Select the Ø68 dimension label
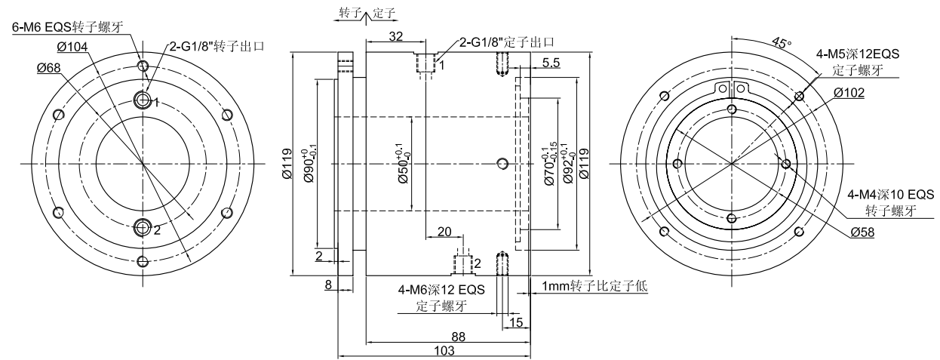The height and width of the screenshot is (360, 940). [51, 68]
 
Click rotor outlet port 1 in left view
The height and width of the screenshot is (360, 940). [143, 99]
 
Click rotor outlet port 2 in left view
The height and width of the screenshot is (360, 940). [143, 226]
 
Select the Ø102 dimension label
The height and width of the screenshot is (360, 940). [849, 94]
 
